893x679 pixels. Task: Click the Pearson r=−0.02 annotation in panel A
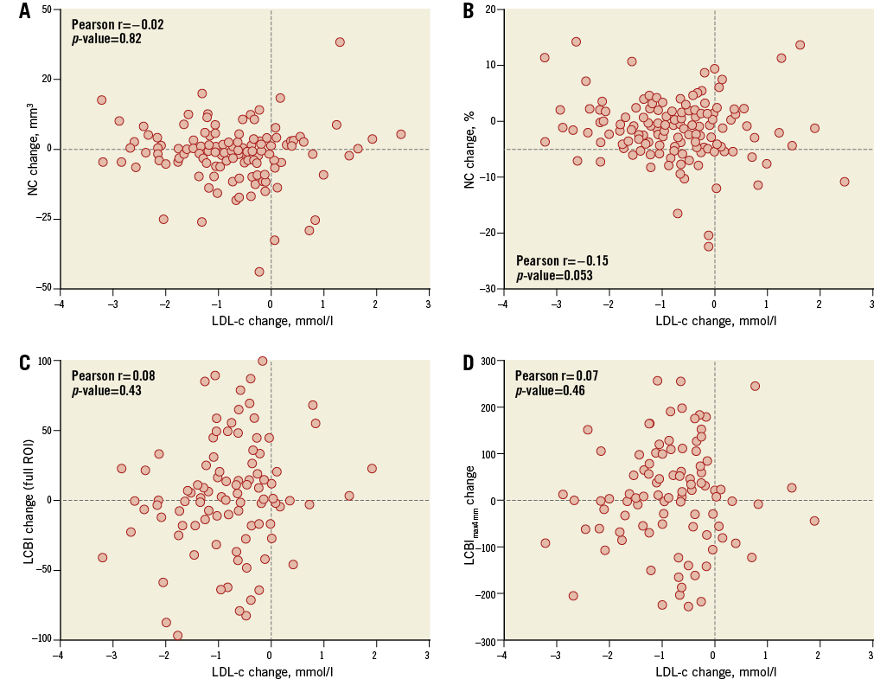[117, 25]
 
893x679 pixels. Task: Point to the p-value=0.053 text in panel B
[554, 275]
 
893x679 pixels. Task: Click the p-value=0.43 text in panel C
[106, 390]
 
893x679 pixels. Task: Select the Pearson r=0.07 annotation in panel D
[556, 376]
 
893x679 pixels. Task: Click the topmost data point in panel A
[340, 42]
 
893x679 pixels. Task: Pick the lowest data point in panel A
[258, 272]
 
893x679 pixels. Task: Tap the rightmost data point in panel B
[844, 182]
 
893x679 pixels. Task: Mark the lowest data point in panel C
[177, 635]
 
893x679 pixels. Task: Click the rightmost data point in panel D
[813, 521]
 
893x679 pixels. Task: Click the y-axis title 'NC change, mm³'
[34, 149]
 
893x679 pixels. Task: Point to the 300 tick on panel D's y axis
[487, 361]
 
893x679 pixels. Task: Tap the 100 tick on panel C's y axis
[43, 361]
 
